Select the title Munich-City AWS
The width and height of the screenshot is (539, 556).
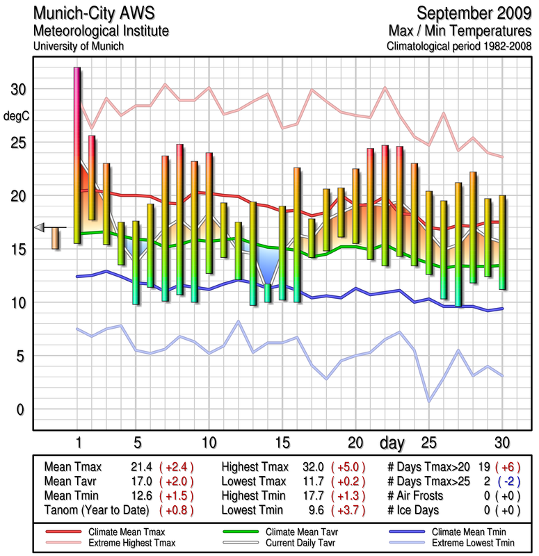point(91,13)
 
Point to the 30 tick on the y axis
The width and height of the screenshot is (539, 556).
point(16,90)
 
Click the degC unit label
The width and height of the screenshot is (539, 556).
point(16,115)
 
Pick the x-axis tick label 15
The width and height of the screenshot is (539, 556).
point(282,443)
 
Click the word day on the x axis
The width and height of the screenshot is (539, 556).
point(394,443)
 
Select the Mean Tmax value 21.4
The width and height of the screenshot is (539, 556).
point(141,467)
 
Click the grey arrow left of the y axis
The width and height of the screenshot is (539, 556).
point(40,227)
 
